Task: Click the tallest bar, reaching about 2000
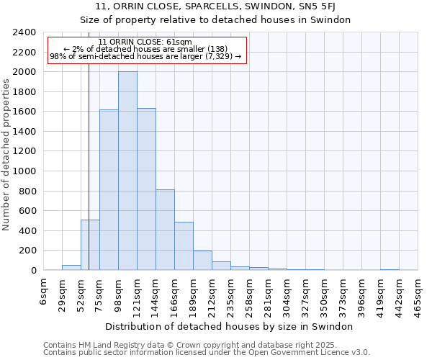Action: [127, 171]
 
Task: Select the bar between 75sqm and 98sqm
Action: [109, 189]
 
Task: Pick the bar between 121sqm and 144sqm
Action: [146, 189]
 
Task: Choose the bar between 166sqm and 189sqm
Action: [184, 246]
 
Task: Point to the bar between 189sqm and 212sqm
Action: [202, 260]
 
